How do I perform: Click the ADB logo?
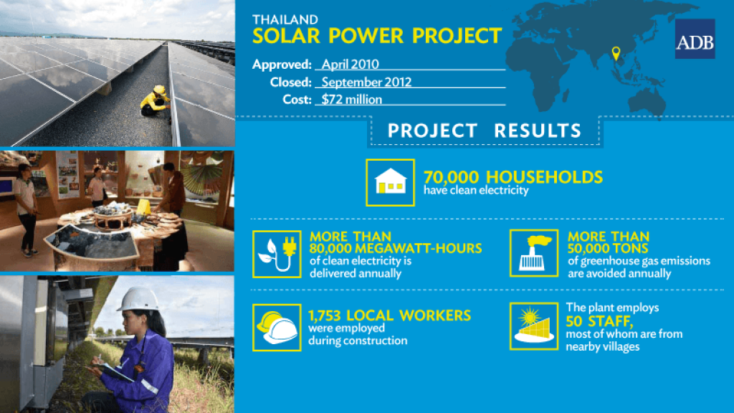695,39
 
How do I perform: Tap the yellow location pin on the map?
616,53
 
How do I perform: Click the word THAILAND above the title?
285,19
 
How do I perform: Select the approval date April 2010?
350,64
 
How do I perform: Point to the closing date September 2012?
366,82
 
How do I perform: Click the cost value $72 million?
351,99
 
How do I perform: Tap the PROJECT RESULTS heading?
485,130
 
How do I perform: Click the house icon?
391,183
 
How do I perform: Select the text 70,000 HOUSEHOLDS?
513,177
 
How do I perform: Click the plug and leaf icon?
277,254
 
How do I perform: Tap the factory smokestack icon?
534,253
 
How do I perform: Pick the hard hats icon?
277,327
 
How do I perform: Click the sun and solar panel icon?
534,326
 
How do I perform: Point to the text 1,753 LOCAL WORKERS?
389,315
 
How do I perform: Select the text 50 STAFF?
599,321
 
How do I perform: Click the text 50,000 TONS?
608,248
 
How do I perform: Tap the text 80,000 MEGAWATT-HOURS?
396,248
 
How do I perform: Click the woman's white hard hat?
139,299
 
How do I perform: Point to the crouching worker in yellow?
156,100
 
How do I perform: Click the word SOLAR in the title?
286,36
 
